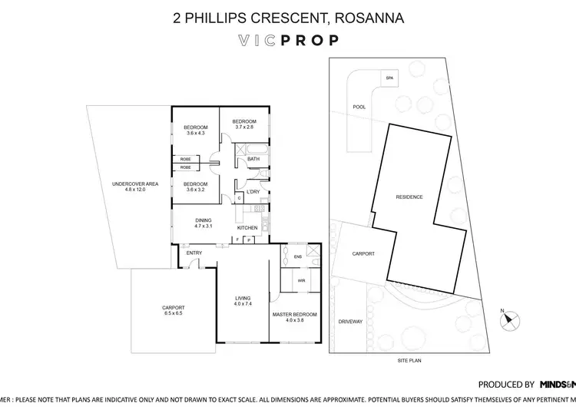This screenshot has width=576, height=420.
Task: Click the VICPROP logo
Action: (288, 40)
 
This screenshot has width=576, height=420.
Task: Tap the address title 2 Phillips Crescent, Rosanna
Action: (287, 15)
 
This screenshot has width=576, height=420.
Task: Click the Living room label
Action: (243, 301)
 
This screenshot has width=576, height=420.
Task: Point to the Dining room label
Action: (203, 224)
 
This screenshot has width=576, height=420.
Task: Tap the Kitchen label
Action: (247, 229)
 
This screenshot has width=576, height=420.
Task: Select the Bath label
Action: (253, 160)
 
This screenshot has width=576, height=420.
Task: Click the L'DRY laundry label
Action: (253, 193)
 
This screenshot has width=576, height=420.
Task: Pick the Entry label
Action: (194, 253)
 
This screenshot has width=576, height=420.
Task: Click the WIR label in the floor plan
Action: (291, 281)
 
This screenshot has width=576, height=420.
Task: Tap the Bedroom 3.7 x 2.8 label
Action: (244, 124)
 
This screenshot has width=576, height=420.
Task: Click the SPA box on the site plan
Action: (389, 78)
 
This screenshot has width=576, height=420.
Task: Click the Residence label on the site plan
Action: (409, 197)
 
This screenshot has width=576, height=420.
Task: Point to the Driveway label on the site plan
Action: (350, 322)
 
